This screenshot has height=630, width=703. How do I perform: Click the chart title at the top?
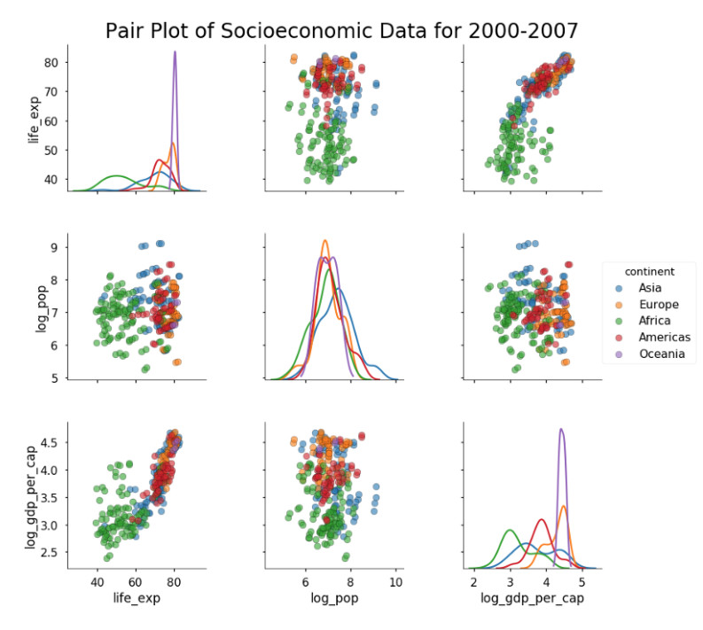[x=341, y=30]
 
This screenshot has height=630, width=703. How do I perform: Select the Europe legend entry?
[x=658, y=304]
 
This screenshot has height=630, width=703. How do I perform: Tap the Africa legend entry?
[x=654, y=321]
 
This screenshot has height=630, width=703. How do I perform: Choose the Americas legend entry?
[x=664, y=338]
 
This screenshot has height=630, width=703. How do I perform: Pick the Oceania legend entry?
[x=661, y=354]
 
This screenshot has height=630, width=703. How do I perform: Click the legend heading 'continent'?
[x=652, y=270]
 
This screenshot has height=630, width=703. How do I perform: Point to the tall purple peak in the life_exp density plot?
[x=175, y=52]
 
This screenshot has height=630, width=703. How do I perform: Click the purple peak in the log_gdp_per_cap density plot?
[x=561, y=430]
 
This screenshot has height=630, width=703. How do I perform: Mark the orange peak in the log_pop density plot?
[x=324, y=241]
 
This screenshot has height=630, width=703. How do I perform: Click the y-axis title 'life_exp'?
[x=33, y=116]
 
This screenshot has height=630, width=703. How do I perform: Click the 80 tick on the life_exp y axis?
[x=52, y=63]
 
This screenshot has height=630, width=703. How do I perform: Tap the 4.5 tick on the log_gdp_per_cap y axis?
[x=51, y=442]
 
